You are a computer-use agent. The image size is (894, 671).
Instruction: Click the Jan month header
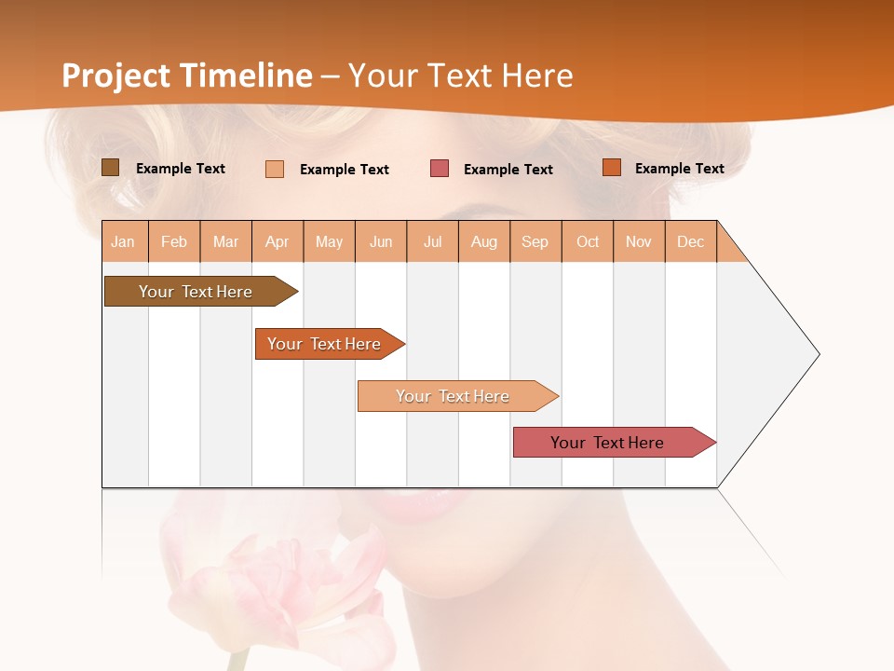[124, 241]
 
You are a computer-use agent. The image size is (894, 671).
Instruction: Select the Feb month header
[174, 241]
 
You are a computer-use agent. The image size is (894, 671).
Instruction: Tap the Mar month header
[225, 241]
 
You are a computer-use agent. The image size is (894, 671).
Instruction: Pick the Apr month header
[278, 241]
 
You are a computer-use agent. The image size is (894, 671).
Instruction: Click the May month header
[329, 241]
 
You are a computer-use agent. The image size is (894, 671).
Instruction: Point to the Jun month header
[381, 241]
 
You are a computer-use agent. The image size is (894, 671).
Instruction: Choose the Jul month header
[432, 241]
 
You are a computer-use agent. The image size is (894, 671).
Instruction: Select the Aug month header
[484, 241]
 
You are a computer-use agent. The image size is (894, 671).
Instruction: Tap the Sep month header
[535, 241]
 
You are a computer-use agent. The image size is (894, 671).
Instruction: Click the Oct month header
[588, 241]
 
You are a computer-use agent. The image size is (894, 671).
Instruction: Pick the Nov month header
[639, 241]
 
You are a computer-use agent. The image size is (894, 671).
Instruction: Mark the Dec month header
[690, 241]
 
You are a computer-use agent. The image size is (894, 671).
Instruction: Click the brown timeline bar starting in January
[196, 292]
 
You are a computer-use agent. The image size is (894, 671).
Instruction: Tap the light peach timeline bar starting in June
[454, 396]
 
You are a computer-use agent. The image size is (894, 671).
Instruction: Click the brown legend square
[110, 168]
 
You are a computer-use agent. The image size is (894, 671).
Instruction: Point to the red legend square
[440, 169]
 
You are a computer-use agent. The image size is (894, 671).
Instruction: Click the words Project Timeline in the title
[187, 75]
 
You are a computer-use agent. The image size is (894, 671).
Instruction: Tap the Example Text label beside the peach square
[344, 170]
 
